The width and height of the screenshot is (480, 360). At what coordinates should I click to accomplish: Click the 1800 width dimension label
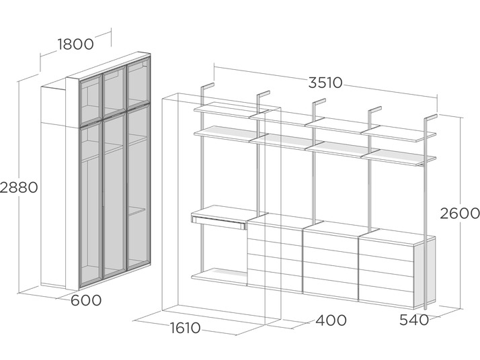[x=75, y=44]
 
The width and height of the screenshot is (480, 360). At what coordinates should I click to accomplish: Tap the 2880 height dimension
[x=19, y=187]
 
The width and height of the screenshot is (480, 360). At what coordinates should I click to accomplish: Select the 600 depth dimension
[x=86, y=300]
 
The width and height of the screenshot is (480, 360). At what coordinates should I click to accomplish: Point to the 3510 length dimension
[x=325, y=83]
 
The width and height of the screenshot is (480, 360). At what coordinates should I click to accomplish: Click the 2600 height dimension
[x=460, y=213]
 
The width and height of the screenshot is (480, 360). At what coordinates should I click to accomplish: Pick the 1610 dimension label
[x=185, y=328]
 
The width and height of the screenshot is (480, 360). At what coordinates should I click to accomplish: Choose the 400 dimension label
[x=331, y=320]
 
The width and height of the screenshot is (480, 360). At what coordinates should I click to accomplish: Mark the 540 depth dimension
[x=414, y=320]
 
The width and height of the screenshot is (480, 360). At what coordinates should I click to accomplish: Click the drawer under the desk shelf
[x=218, y=222]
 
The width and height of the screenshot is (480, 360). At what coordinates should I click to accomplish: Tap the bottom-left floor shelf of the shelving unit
[x=219, y=277]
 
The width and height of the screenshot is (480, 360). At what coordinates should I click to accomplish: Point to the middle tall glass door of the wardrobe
[x=114, y=195]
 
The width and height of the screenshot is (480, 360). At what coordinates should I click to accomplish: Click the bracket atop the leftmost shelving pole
[x=207, y=86]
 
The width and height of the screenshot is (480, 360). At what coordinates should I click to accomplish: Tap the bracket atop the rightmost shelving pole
[x=431, y=118]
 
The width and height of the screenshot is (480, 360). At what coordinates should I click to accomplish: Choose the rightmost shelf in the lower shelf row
[x=398, y=158]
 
